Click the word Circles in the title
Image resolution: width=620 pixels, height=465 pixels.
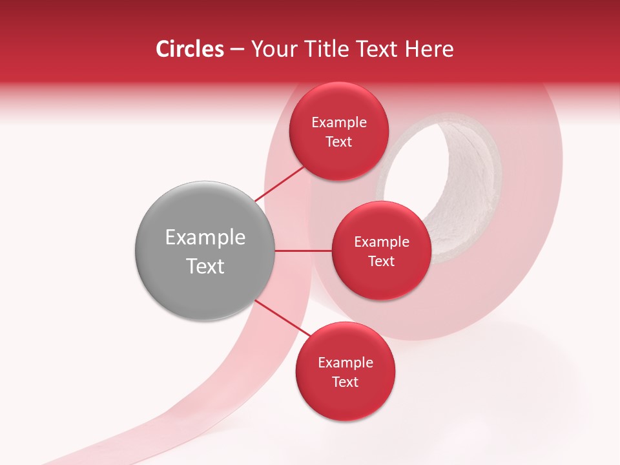(189, 49)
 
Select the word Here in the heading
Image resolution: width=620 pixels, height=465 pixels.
(429, 49)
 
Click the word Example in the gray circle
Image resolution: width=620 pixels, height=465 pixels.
(205, 238)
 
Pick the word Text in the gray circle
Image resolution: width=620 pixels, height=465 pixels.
(205, 266)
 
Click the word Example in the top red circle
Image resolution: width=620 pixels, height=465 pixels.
(338, 123)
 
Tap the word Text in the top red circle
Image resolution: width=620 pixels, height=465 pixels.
(338, 141)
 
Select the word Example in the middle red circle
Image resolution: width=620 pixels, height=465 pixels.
(381, 242)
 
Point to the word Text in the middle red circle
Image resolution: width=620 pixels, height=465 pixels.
(381, 261)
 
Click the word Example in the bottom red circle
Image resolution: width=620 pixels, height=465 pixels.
(345, 363)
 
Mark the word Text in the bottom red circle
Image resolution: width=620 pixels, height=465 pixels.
(345, 382)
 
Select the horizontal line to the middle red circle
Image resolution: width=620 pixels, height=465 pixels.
(303, 251)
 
